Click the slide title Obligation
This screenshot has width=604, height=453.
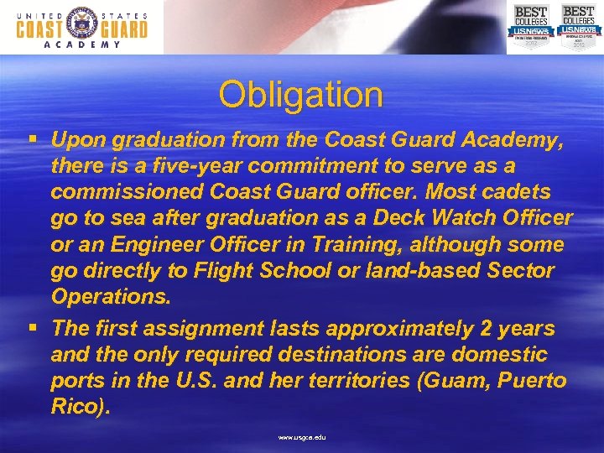click(300, 95)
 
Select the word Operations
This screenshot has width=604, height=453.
click(110, 296)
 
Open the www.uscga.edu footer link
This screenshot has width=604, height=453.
click(301, 437)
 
